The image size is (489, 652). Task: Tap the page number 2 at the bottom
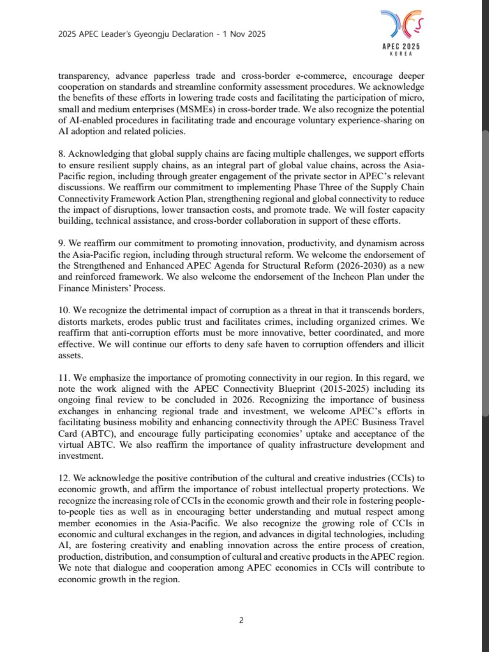[241, 620]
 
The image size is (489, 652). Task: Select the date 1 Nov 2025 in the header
[244, 34]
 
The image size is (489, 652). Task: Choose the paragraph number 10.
[64, 311]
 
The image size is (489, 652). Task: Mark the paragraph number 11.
[64, 378]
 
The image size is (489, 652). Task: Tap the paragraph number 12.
[64, 478]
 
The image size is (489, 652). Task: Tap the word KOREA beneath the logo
[401, 54]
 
